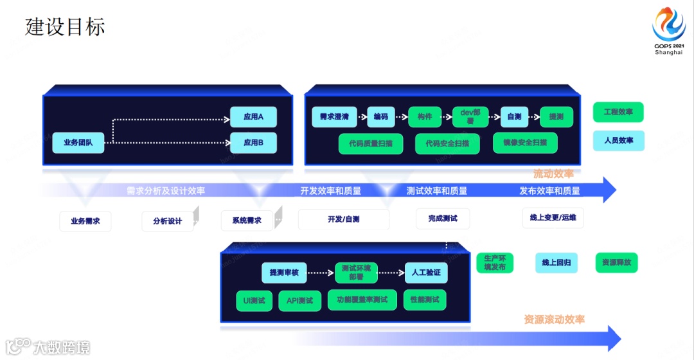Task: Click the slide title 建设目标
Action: (65, 26)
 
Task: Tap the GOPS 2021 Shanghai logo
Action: (669, 32)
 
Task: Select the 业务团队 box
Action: (78, 142)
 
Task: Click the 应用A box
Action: (253, 117)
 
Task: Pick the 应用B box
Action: (253, 142)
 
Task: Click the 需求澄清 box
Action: (334, 117)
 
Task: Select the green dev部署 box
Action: (466, 117)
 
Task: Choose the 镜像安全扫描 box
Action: (525, 143)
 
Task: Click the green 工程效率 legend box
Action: (618, 113)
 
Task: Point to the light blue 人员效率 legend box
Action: (618, 140)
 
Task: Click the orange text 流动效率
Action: (553, 174)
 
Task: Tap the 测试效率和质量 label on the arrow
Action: (437, 191)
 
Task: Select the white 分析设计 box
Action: (168, 221)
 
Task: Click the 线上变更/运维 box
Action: (553, 218)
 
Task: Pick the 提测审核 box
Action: (284, 273)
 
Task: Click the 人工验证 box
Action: (425, 273)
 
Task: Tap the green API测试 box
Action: (299, 300)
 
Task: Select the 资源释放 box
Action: (617, 262)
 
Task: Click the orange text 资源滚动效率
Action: (554, 319)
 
